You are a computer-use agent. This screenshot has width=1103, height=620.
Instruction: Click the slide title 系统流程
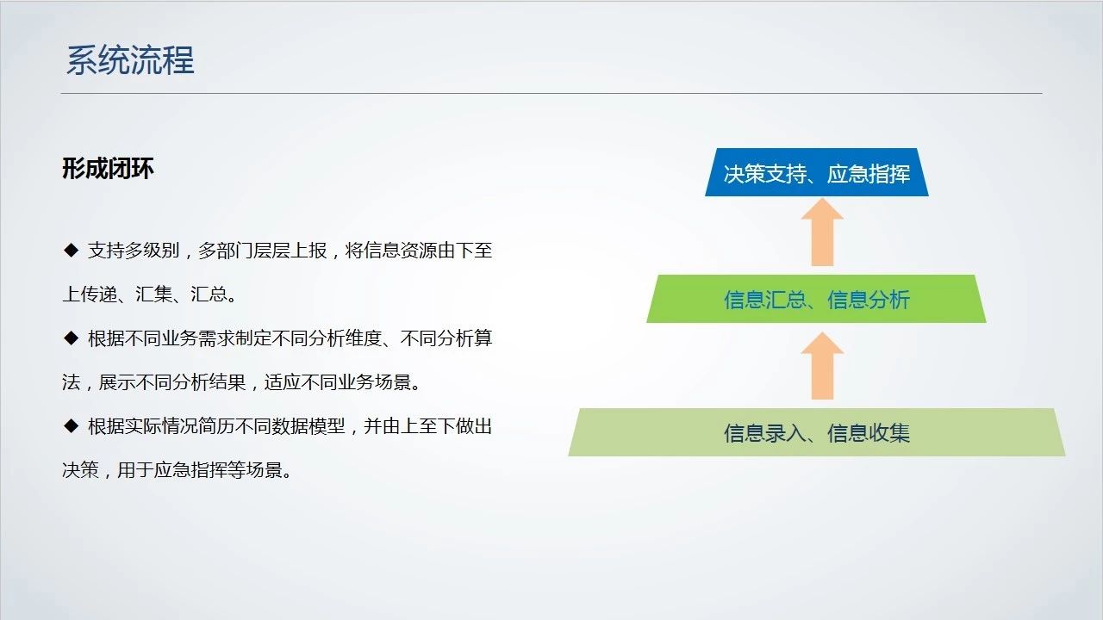coord(130,60)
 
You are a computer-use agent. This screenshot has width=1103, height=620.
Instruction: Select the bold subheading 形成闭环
coord(108,169)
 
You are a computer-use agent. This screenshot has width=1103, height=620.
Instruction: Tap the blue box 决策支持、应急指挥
coord(816,172)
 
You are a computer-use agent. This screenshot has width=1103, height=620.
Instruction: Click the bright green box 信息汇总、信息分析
coord(816,299)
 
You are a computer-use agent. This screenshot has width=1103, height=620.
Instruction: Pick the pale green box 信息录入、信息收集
coord(816,432)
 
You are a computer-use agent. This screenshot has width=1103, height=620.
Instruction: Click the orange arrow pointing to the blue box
coord(822,232)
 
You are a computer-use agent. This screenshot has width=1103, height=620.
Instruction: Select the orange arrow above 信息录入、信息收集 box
coord(822,366)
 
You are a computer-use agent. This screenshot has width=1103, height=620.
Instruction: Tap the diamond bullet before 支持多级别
coord(72,250)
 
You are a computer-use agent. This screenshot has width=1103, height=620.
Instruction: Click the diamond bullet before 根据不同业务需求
coord(72,338)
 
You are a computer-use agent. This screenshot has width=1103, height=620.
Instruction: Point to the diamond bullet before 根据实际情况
coord(72,425)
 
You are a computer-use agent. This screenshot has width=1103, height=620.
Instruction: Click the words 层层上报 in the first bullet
coord(290,251)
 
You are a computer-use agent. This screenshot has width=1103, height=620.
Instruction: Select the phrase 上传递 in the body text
coord(90,294)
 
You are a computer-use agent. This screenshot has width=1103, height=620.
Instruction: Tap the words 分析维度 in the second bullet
coord(346,338)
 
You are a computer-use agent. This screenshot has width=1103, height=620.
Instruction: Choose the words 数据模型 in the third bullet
coord(308,426)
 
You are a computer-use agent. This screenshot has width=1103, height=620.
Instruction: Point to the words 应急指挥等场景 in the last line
coord(218,470)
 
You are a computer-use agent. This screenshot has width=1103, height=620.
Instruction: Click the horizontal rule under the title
coord(551,93)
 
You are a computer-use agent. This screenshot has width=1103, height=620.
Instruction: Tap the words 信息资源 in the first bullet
coord(400,251)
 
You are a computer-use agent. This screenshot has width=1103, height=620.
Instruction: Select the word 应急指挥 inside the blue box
coord(868,174)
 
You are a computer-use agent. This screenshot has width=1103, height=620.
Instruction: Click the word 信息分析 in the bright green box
coord(868,300)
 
